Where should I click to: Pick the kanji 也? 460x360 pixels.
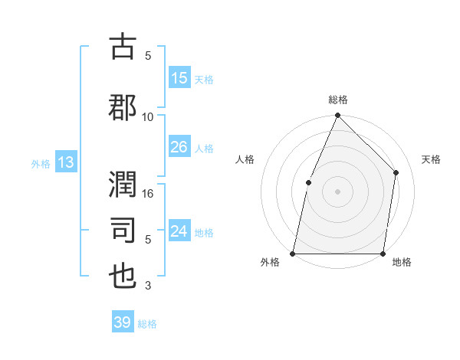pos(123,275)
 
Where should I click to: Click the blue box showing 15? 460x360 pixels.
pos(179,78)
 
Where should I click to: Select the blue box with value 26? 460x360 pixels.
pos(179,147)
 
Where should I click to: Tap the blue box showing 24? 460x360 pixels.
pos(179,231)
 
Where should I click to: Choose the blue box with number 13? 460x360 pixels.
pos(65,162)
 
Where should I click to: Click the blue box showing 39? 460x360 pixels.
pos(123,322)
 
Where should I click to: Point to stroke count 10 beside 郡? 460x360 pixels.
pos(148,116)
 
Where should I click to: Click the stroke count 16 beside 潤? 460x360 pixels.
pos(148,194)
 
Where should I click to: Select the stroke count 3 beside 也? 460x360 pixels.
pos(148,286)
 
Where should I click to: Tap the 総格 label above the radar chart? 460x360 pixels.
pos(337,100)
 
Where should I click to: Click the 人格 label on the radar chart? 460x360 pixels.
pos(245,159)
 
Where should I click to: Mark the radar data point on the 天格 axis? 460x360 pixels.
pos(396,172)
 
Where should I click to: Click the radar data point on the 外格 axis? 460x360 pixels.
pos(293,253)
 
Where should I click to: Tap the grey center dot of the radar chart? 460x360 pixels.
pos(337,191)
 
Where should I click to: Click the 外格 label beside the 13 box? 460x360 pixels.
pos(41,163)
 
